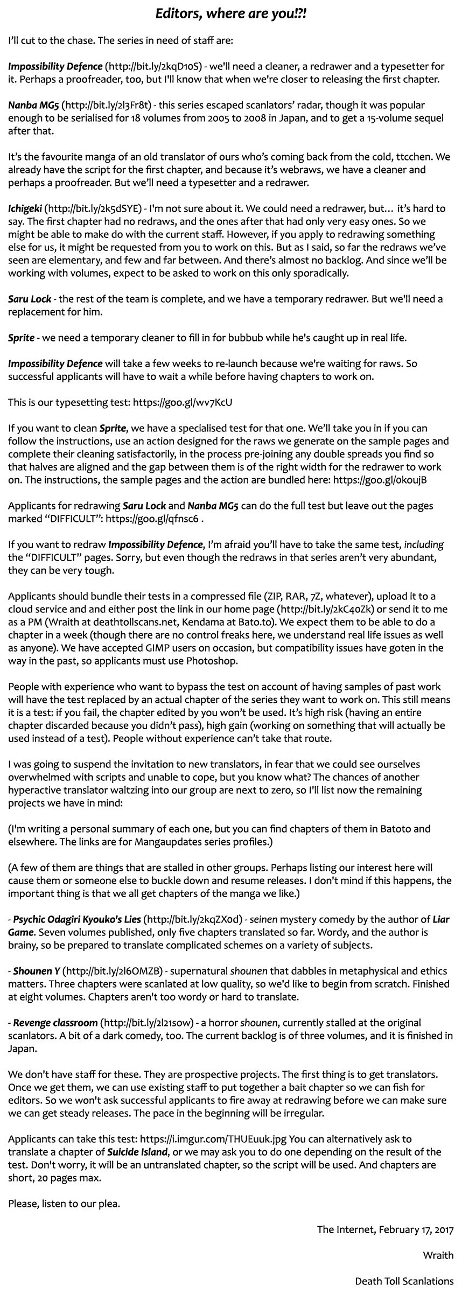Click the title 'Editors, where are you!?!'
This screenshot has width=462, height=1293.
coord(231,14)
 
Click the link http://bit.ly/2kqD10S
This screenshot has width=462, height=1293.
coord(155,67)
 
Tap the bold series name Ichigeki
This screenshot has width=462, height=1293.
coord(25,208)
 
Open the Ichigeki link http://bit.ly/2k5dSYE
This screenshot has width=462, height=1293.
coord(93,208)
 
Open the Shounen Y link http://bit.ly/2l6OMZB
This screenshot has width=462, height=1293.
coord(113,972)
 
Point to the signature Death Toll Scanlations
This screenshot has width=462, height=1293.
coord(404,1281)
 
